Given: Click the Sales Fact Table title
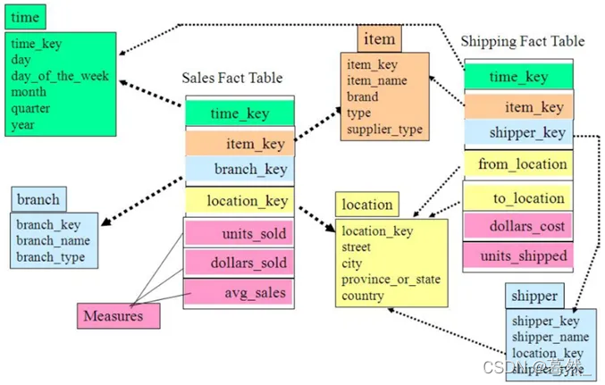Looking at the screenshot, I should pyautogui.click(x=232, y=78).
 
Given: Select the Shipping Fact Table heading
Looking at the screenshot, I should pyautogui.click(x=522, y=41).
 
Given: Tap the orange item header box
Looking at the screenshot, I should pyautogui.click(x=380, y=39).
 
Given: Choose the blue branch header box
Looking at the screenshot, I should pyautogui.click(x=38, y=199).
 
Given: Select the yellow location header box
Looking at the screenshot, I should pyautogui.click(x=366, y=205).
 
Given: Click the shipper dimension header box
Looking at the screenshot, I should pyautogui.click(x=534, y=296).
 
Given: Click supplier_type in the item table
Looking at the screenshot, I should pyautogui.click(x=384, y=130).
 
